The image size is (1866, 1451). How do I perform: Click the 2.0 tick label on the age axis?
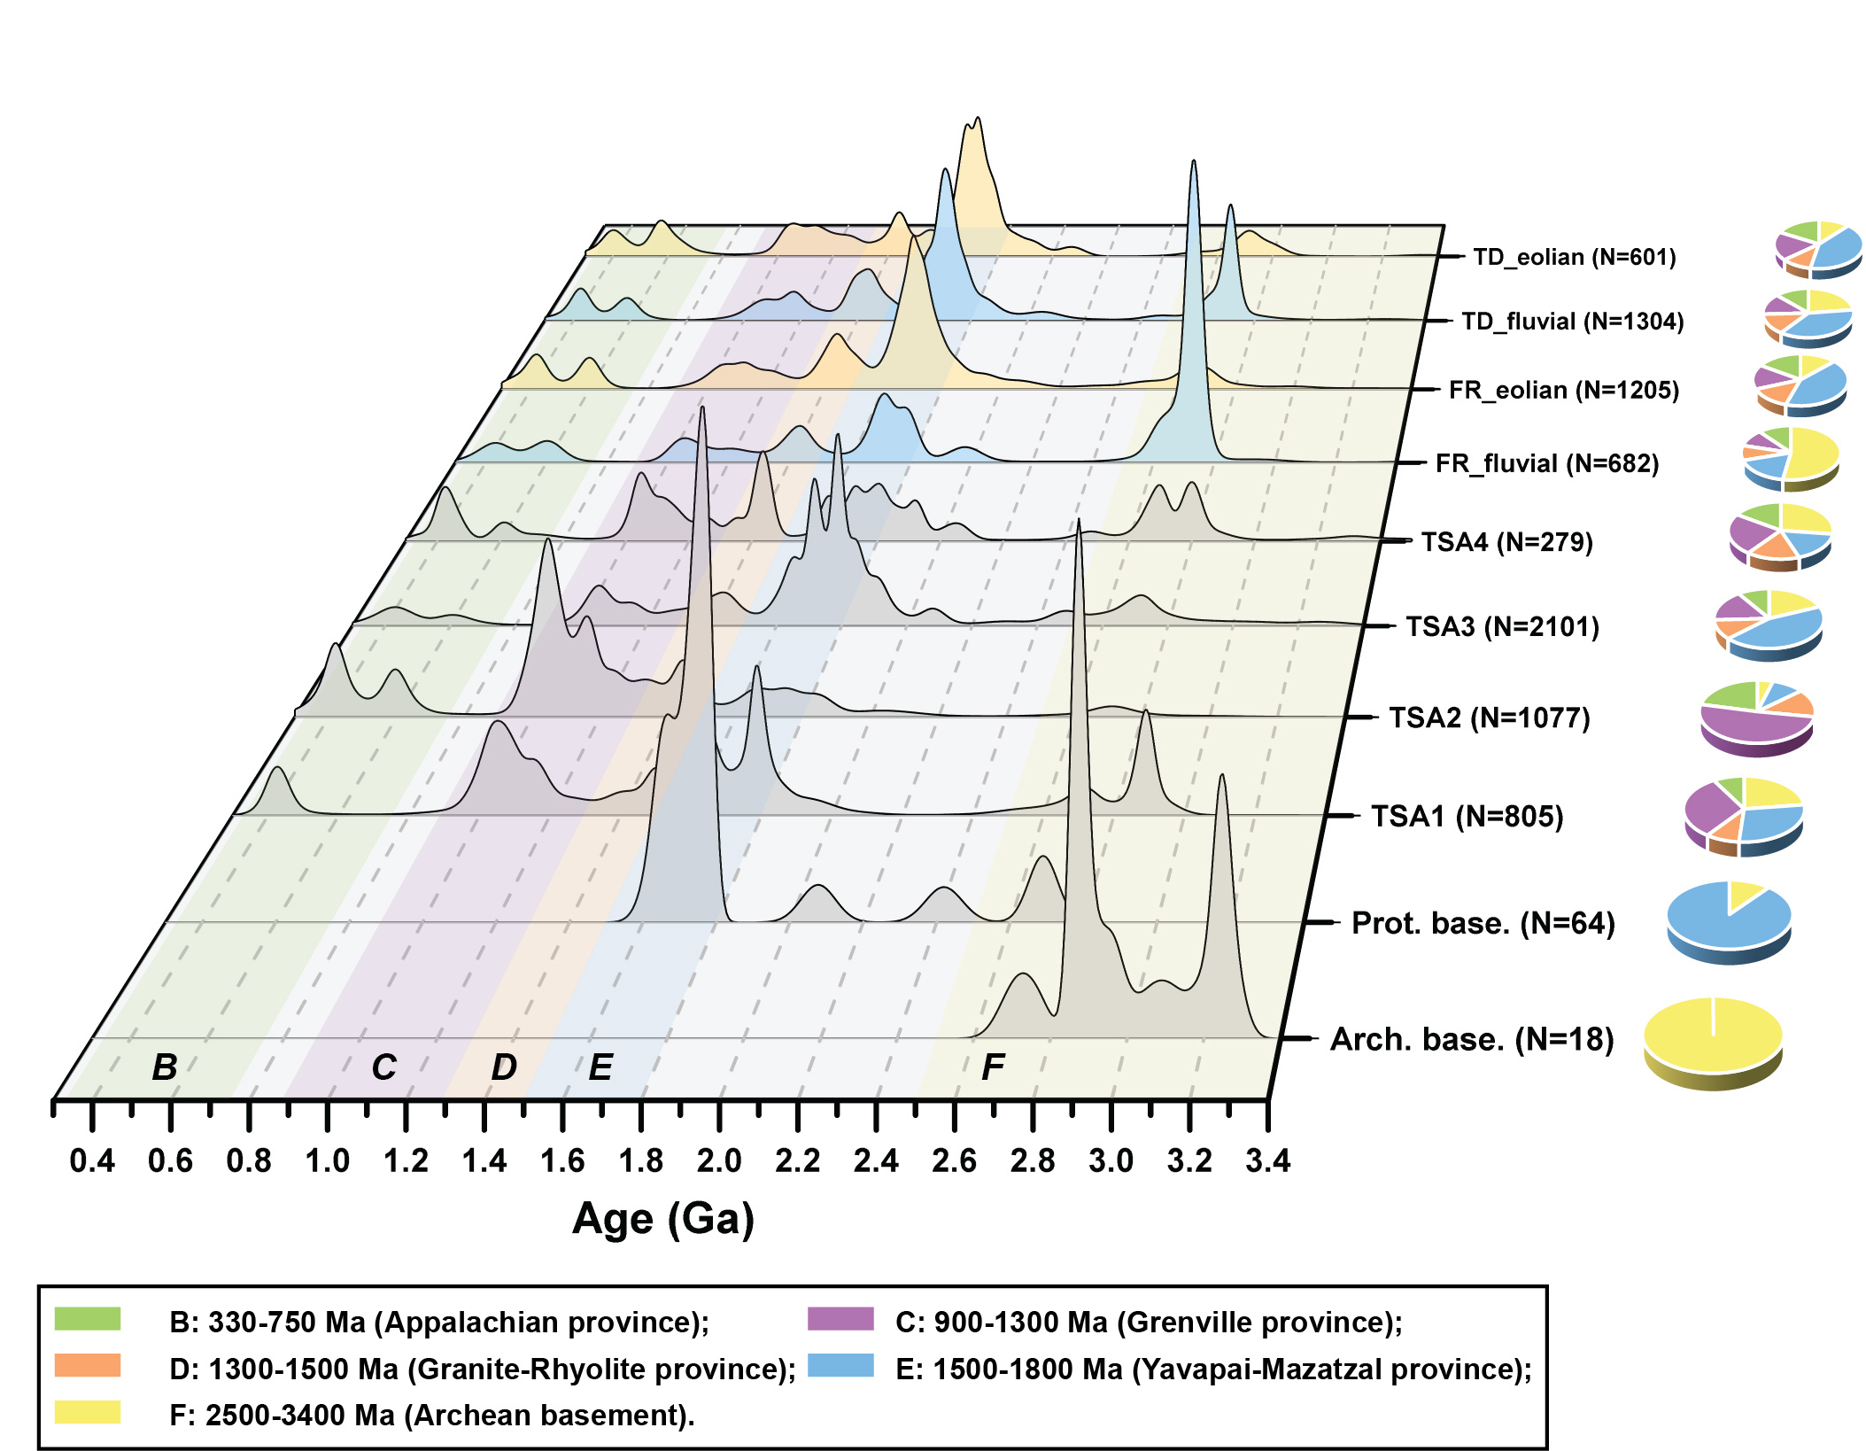(718, 1160)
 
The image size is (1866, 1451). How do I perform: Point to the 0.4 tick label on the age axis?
(92, 1160)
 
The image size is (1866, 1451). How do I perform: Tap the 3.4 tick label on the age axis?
(1267, 1160)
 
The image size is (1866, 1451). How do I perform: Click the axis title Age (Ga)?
(663, 1219)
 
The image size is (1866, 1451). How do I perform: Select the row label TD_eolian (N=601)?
(1574, 257)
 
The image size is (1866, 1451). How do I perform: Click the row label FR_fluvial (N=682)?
(1546, 463)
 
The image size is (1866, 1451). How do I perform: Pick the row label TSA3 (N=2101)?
(1502, 627)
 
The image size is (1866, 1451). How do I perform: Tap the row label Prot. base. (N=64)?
(1483, 923)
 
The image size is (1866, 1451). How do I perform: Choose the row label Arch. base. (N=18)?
(1472, 1039)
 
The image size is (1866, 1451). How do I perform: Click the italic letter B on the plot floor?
(165, 1067)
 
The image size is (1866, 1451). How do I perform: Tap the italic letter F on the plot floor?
(993, 1067)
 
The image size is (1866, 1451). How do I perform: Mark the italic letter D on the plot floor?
(504, 1067)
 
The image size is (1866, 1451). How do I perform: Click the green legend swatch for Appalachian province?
(88, 1319)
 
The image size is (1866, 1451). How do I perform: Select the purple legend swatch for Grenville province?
(840, 1319)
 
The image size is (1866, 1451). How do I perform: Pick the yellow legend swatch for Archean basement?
(88, 1412)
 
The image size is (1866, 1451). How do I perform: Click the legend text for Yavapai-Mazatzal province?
(1213, 1369)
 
